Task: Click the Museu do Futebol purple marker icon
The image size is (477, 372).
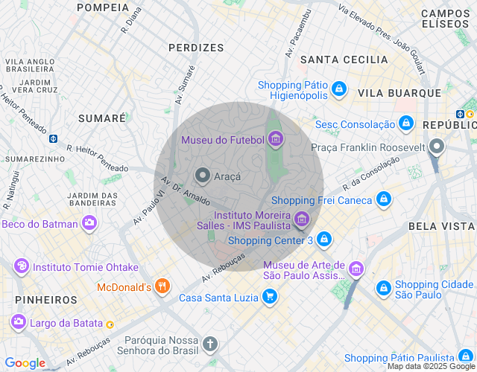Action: click(x=276, y=139)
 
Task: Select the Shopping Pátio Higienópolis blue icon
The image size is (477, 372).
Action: click(x=339, y=89)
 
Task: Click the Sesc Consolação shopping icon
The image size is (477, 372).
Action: click(x=405, y=124)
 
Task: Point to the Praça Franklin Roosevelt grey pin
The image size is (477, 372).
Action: click(x=437, y=147)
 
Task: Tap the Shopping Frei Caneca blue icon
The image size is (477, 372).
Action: click(x=382, y=199)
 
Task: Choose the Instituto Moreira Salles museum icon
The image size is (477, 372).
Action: click(x=301, y=219)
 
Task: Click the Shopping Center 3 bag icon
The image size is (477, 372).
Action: click(x=323, y=240)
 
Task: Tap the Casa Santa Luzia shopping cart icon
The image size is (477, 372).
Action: click(x=270, y=298)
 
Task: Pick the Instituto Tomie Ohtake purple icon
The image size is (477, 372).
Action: click(x=21, y=266)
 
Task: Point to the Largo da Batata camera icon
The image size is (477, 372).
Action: click(x=18, y=322)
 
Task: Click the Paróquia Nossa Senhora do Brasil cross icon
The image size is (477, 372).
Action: click(x=211, y=344)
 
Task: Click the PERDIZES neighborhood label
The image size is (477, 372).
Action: click(x=196, y=48)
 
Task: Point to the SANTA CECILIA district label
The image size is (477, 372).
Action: click(x=344, y=60)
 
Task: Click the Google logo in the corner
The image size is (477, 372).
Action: click(x=25, y=363)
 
